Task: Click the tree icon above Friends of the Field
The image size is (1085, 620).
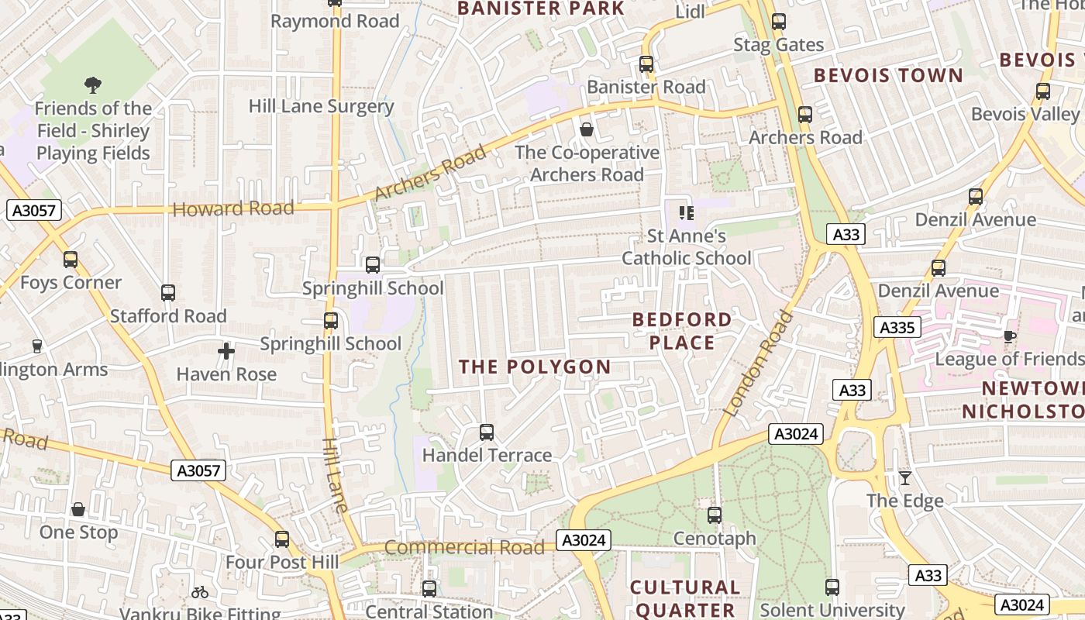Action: point(92,84)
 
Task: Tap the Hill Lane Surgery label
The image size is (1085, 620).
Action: point(321,106)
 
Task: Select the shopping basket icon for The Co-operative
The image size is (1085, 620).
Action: point(587,129)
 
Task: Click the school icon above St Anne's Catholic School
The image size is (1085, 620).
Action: point(686,212)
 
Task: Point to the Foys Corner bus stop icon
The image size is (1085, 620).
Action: point(71,260)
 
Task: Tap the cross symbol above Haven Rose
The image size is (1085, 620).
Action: point(226,351)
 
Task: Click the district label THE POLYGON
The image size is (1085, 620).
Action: point(535,367)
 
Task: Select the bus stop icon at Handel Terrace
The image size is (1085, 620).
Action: point(487,432)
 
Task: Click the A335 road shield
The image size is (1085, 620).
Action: point(897,327)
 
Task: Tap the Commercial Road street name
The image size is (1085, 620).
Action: point(464,547)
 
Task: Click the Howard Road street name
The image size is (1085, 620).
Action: point(233,208)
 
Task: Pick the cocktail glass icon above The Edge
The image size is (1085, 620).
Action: point(904,477)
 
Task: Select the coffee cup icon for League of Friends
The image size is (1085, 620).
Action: point(1009,336)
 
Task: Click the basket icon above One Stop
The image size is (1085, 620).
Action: point(78,509)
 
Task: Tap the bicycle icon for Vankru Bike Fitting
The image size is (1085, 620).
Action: point(200,592)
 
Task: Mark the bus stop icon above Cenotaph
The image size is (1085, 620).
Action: point(715,515)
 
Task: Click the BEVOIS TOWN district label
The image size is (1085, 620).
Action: point(887,76)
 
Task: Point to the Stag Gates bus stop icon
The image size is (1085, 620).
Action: point(779,22)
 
